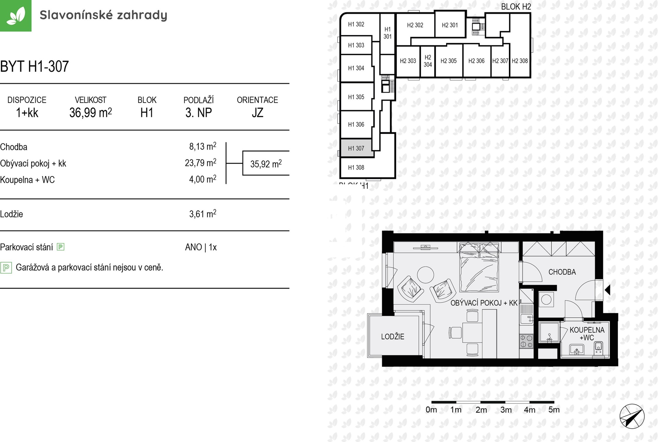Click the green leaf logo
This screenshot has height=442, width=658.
click(x=15, y=15)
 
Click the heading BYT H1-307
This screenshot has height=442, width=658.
click(x=35, y=66)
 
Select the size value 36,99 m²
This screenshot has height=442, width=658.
click(x=90, y=113)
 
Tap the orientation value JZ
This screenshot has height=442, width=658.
click(x=257, y=113)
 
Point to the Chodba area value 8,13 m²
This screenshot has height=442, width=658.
click(x=203, y=147)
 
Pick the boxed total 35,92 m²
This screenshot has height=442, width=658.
click(x=266, y=164)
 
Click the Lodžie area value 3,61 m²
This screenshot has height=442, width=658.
click(x=203, y=214)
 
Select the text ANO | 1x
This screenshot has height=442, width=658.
click(x=201, y=247)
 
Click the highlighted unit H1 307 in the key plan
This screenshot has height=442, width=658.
click(x=356, y=148)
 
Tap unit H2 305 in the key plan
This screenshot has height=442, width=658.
click(x=449, y=61)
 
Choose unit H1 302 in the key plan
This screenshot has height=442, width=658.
click(x=356, y=24)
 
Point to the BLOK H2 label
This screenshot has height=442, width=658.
click(x=516, y=7)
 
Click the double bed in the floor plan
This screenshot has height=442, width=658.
click(x=479, y=267)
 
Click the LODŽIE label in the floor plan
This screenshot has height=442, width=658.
click(x=393, y=337)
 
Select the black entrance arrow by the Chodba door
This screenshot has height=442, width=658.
click(x=608, y=290)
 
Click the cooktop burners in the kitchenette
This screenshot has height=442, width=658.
click(x=526, y=341)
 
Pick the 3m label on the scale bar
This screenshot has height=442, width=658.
click(x=506, y=410)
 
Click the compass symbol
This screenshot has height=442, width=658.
click(x=632, y=417)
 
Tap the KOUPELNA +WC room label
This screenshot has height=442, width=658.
click(x=587, y=334)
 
